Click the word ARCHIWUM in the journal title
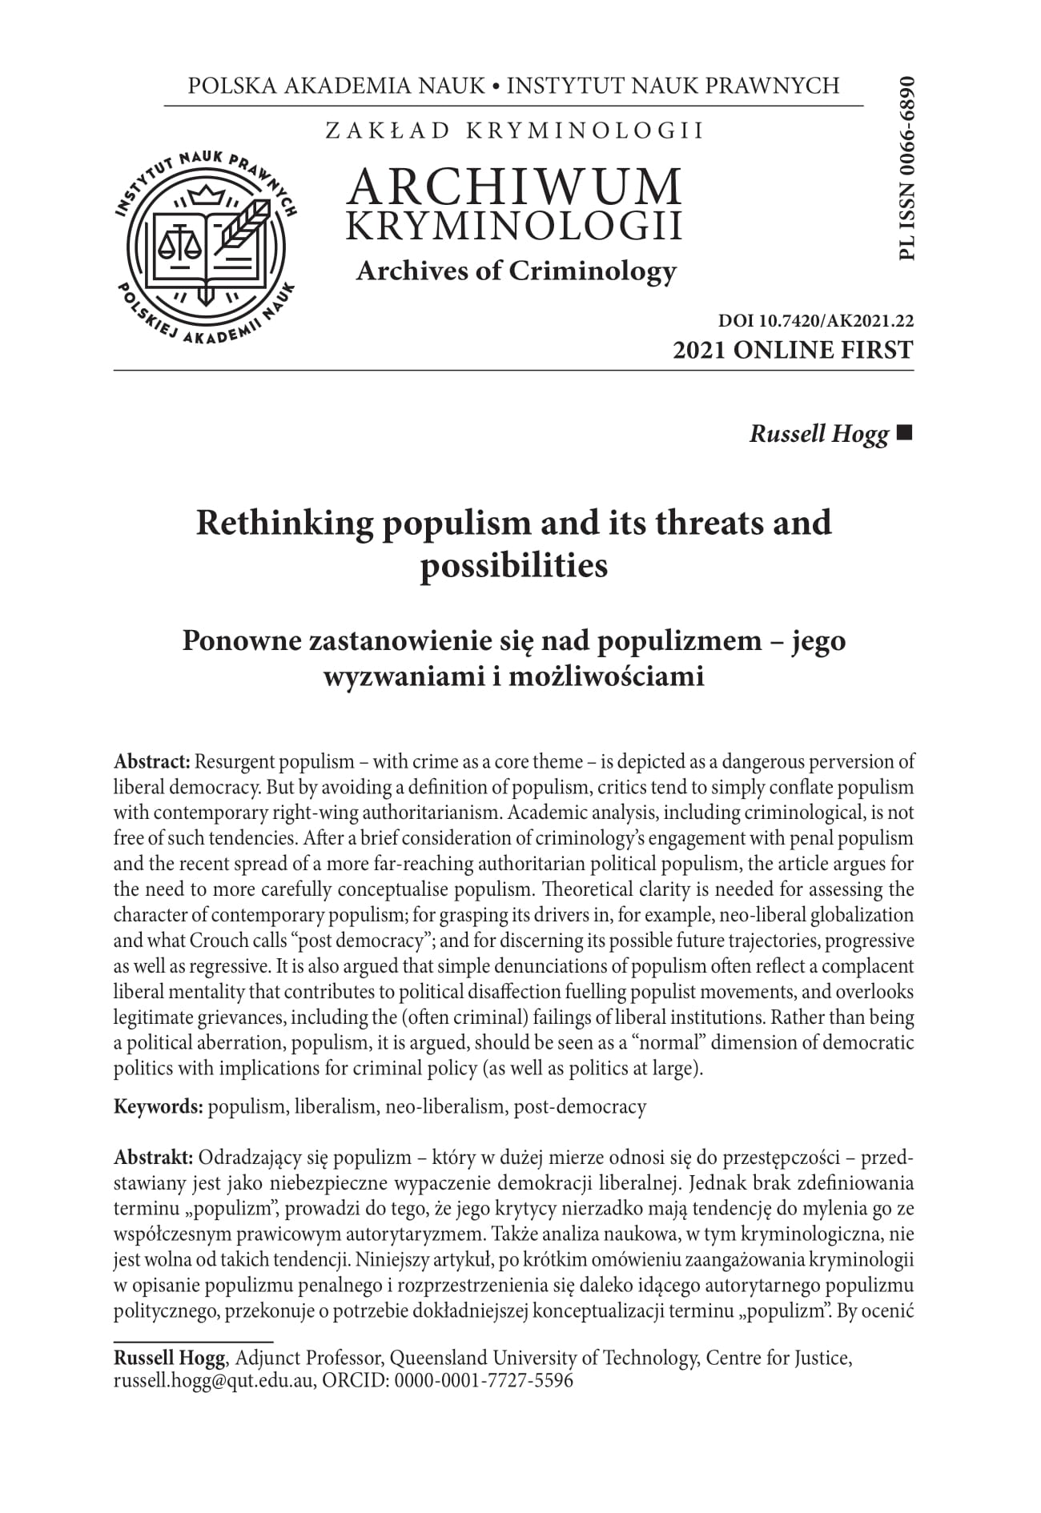515,186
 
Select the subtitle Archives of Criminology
516,271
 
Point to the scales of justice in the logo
179,239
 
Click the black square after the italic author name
906,434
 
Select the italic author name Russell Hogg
818,435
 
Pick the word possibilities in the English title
514,566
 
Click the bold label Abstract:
151,761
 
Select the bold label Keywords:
159,1107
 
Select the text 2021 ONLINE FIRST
793,350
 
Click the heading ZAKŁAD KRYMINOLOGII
514,130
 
